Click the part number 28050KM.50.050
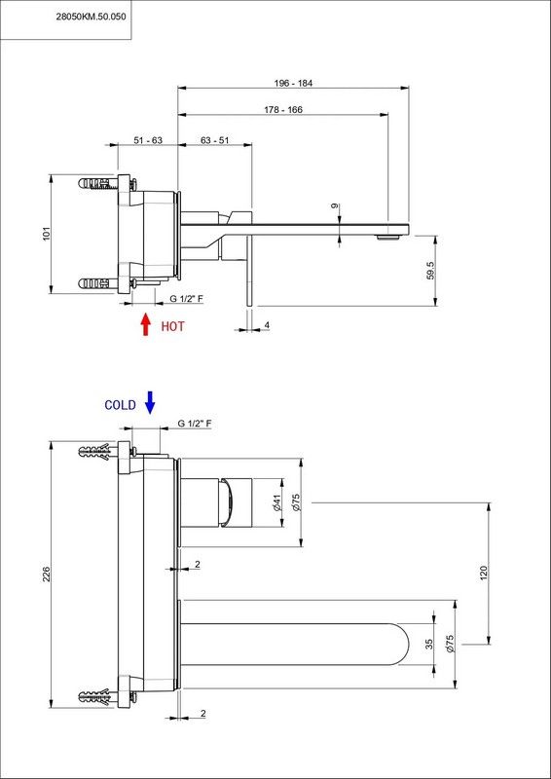point(91,16)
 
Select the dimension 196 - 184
point(294,83)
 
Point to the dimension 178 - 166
point(283,109)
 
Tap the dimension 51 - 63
point(148,140)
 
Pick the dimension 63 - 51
point(214,140)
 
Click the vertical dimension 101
point(46,234)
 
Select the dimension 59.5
point(431,271)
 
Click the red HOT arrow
point(146,324)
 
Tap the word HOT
point(172,326)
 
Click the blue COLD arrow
point(150,402)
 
